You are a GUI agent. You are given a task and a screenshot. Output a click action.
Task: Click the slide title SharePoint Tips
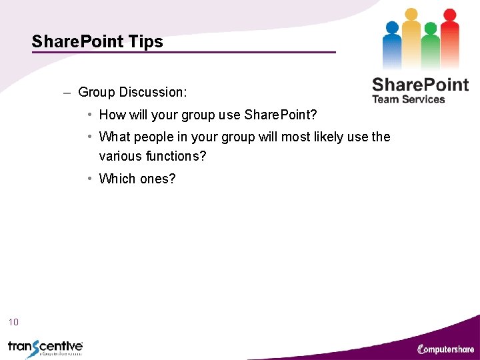pyautogui.click(x=97, y=41)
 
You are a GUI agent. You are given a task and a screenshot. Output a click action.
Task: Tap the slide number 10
pyautogui.click(x=13, y=323)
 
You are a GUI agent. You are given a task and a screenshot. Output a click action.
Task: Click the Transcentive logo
pyautogui.click(x=45, y=347)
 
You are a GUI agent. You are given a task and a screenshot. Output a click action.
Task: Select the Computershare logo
pyautogui.click(x=445, y=349)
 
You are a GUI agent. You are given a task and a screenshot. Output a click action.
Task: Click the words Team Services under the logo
pyautogui.click(x=408, y=99)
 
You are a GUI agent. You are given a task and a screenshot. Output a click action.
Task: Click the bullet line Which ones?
pyautogui.click(x=137, y=179)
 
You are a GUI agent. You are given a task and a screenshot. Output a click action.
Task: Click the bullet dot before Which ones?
pyautogui.click(x=89, y=179)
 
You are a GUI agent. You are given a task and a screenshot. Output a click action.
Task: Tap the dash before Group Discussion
pyautogui.click(x=67, y=93)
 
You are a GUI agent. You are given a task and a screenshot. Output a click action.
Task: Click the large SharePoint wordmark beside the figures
pyautogui.click(x=420, y=85)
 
